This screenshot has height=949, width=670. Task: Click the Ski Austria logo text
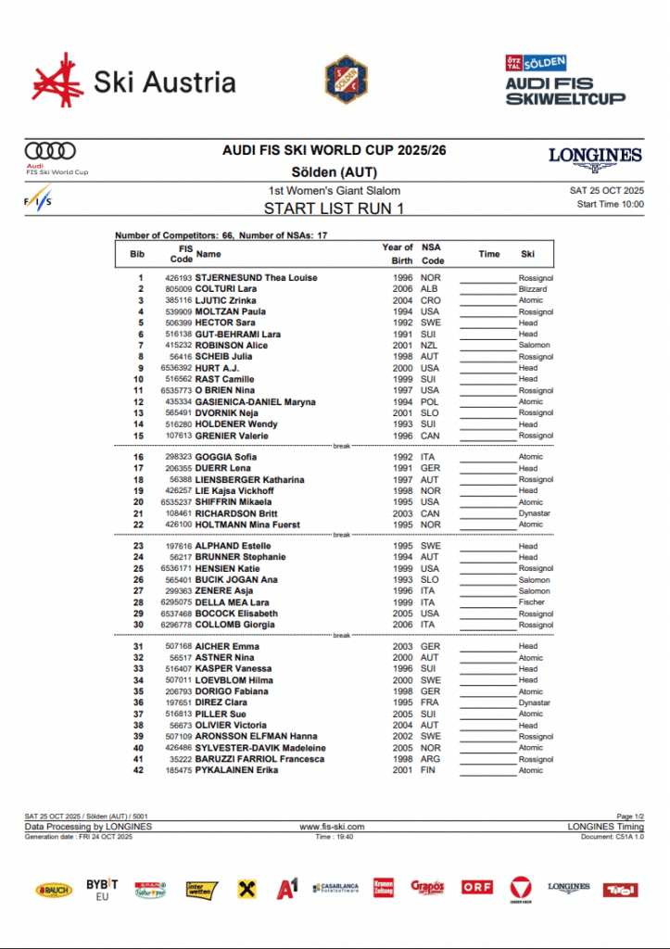point(165,82)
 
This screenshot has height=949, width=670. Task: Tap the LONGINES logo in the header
point(595,156)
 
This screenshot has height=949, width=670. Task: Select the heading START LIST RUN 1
point(334,209)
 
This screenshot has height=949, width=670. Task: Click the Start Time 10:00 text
point(610,204)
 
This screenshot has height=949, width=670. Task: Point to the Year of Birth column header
point(398,254)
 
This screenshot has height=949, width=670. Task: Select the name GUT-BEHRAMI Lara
point(237,334)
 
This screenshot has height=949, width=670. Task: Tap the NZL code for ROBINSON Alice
point(430,346)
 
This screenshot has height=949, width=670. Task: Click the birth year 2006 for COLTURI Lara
point(402,289)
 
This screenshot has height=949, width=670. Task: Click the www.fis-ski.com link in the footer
point(333,827)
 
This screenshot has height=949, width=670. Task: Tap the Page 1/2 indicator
point(630,816)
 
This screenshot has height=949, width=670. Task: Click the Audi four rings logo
point(51,151)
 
